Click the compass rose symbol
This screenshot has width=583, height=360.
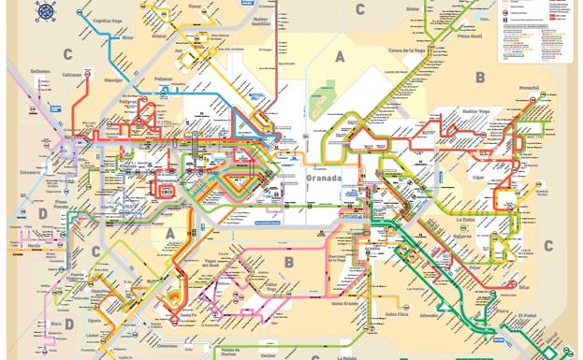45,11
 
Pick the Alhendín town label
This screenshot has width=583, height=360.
428,316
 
